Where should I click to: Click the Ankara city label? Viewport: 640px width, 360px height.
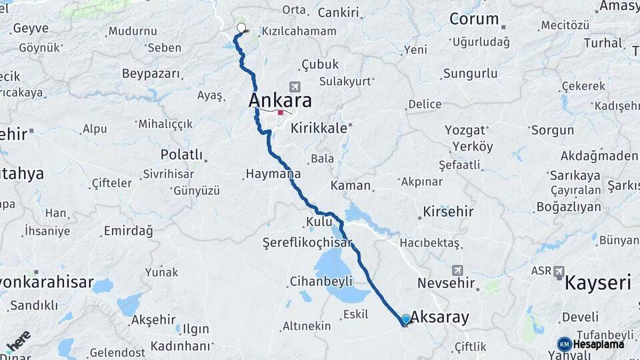coord(280,101)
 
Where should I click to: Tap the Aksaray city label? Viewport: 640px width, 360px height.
coord(440,317)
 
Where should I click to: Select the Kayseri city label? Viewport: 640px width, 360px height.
coord(597,283)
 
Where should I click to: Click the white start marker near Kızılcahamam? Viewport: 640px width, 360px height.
coord(241,28)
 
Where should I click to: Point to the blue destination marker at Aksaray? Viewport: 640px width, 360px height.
coord(406,319)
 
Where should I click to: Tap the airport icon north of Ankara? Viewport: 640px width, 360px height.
coord(295,87)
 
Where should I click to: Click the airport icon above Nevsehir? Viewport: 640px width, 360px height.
coord(457,270)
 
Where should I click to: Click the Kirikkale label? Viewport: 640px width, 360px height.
coord(319,129)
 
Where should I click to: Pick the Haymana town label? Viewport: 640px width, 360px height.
coord(273,174)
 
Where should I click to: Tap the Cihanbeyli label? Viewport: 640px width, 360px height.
coord(321,281)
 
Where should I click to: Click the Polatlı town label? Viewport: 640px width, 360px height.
coord(181,155)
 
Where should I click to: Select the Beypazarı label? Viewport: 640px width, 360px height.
coord(151,73)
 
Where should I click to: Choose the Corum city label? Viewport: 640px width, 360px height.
coord(474,19)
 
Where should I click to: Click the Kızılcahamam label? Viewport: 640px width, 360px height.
coord(299,31)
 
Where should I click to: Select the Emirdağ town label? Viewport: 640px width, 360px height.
coord(128,231)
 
